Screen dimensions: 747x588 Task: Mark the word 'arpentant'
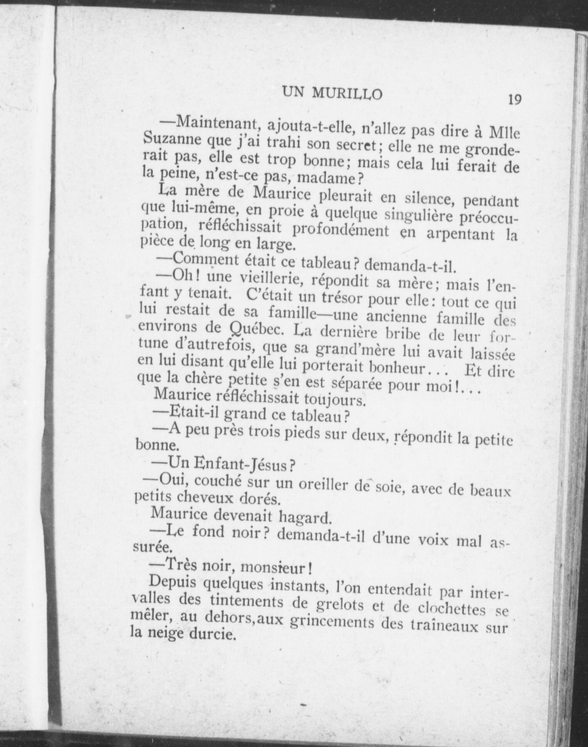click(x=461, y=234)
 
